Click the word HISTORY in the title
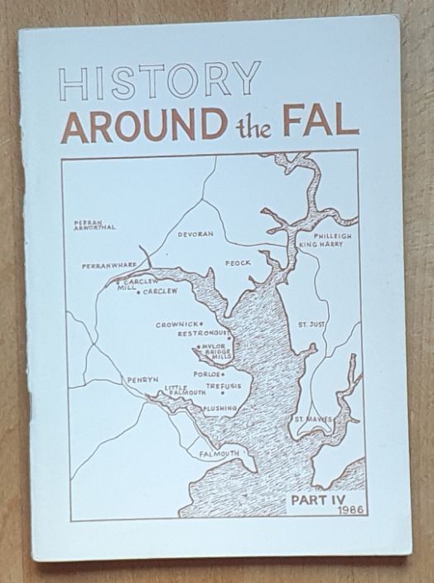(x=160, y=83)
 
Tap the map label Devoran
(x=196, y=234)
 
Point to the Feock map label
(x=238, y=263)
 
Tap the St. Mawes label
(x=315, y=420)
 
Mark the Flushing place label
(x=219, y=408)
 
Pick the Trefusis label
(x=223, y=385)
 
